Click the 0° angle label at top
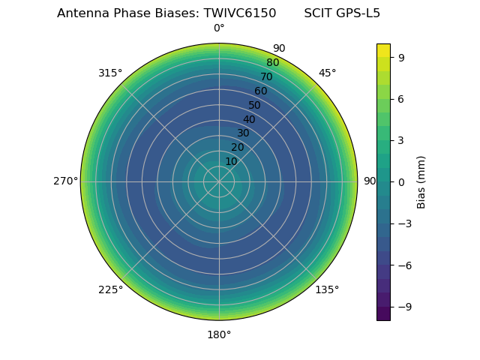tap(219, 28)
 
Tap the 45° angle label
tap(327, 73)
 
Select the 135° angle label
tap(327, 289)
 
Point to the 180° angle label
tap(219, 334)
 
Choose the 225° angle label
tap(110, 289)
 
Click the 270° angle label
tap(65, 181)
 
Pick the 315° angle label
tap(110, 73)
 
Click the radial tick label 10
tap(231, 161)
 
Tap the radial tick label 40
tap(249, 119)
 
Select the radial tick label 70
tap(266, 76)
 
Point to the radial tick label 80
tap(272, 62)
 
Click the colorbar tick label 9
tap(402, 57)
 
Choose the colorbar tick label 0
tap(402, 181)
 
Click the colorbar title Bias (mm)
tap(421, 181)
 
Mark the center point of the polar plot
tap(219, 181)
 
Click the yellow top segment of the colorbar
tap(383, 50)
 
